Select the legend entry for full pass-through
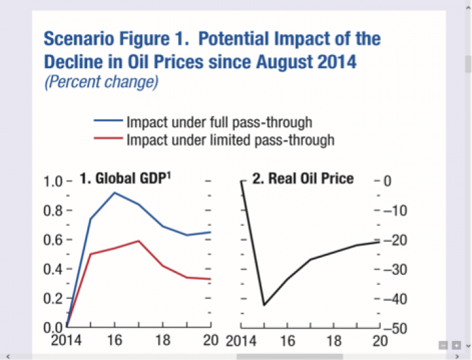(219, 122)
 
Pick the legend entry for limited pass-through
(230, 140)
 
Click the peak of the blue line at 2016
(115, 192)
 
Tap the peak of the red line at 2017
(139, 241)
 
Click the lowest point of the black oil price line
(264, 305)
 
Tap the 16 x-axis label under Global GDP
(115, 342)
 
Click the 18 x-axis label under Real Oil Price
(334, 342)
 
